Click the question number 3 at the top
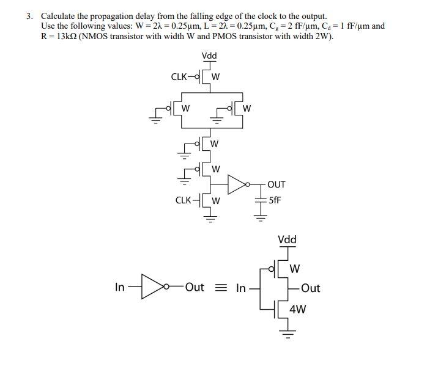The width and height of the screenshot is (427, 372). [x=29, y=16]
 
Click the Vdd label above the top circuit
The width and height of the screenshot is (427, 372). [x=209, y=56]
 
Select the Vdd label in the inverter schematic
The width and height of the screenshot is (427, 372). [x=287, y=239]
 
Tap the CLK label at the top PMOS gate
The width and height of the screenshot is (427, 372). [x=179, y=76]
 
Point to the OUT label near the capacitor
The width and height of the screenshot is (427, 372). [x=276, y=184]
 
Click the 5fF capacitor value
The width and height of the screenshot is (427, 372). [x=275, y=199]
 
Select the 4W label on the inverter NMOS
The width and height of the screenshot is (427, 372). [x=298, y=309]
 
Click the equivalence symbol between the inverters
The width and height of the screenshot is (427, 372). [x=220, y=288]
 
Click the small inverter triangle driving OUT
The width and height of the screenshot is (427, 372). [x=237, y=183]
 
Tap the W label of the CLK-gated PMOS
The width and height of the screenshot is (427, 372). [x=216, y=77]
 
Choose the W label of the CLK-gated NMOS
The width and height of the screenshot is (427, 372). [x=216, y=200]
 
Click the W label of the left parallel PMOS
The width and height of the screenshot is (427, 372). [x=185, y=109]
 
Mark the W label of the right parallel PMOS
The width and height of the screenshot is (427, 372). [x=247, y=109]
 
